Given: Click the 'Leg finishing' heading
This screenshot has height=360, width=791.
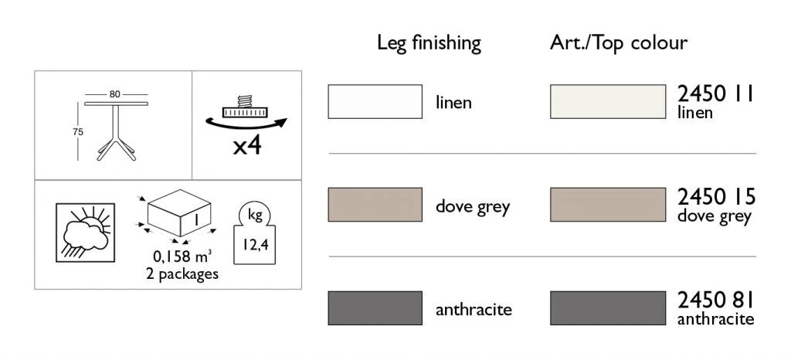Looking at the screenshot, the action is (x=429, y=43).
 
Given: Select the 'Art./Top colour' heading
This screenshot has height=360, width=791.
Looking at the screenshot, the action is (x=619, y=42).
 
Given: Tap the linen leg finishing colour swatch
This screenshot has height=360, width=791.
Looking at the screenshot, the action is (x=375, y=101).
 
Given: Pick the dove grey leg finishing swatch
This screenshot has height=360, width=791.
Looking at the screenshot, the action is (x=375, y=204).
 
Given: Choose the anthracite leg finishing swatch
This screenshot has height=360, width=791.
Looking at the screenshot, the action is (x=375, y=307).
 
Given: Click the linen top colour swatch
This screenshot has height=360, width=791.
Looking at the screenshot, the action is (x=608, y=101).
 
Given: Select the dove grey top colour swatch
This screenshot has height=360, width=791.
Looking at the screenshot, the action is (x=608, y=204).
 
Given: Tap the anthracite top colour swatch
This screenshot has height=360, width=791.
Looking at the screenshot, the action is (x=608, y=307).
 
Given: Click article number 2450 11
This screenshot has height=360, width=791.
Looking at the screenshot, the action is (x=715, y=93).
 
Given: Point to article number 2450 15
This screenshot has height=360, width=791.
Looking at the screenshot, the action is (x=716, y=197).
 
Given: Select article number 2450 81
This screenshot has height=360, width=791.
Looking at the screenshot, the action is (x=715, y=301).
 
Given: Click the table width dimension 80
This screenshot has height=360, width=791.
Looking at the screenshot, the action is (x=114, y=94).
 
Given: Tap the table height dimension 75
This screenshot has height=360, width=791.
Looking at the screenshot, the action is (x=78, y=132).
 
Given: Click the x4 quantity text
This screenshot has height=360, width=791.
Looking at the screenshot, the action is (x=247, y=146).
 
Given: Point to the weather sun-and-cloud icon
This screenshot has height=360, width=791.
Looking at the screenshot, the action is (x=85, y=233).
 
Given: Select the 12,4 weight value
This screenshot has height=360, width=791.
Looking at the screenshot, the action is (x=254, y=246).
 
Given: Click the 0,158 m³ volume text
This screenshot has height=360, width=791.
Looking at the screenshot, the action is (x=182, y=256).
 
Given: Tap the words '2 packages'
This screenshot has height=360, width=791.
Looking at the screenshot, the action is (x=182, y=273).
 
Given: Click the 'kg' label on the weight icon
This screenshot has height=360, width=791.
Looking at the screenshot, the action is (x=255, y=216).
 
